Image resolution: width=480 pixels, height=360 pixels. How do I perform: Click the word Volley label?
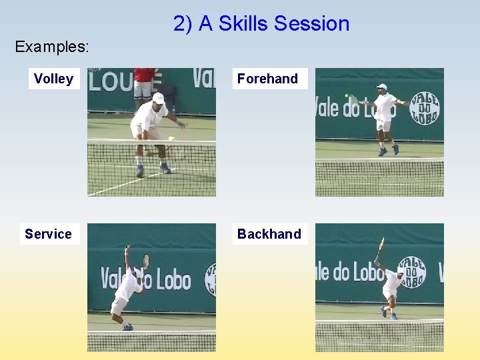click(x=53, y=79)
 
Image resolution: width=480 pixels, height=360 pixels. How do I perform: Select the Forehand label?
click(x=267, y=79)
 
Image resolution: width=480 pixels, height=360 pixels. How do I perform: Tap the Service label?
click(x=48, y=234)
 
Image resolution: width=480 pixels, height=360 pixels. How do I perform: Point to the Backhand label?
click(x=269, y=234)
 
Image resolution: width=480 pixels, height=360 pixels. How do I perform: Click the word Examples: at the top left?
click(x=52, y=47)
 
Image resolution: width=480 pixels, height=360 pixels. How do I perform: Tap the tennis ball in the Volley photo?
click(x=171, y=139)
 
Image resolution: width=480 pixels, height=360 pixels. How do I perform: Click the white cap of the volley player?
click(x=158, y=98)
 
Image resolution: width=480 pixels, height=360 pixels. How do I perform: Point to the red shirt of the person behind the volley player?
click(x=143, y=74)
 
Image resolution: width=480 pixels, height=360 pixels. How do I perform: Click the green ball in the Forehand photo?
click(x=347, y=96)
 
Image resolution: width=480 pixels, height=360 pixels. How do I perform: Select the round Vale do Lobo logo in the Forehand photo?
click(x=425, y=108)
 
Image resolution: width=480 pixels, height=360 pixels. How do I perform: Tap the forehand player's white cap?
click(x=381, y=87)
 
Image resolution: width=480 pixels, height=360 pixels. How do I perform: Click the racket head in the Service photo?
click(x=146, y=259)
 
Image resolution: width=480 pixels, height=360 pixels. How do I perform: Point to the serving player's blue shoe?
click(x=127, y=327)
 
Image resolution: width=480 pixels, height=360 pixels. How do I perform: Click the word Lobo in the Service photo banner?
click(x=173, y=279)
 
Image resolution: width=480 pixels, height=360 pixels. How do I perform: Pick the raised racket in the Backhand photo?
click(x=380, y=246)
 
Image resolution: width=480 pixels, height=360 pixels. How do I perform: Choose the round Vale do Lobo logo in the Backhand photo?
click(x=411, y=272)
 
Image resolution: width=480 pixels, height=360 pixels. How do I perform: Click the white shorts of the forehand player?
click(x=383, y=125)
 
